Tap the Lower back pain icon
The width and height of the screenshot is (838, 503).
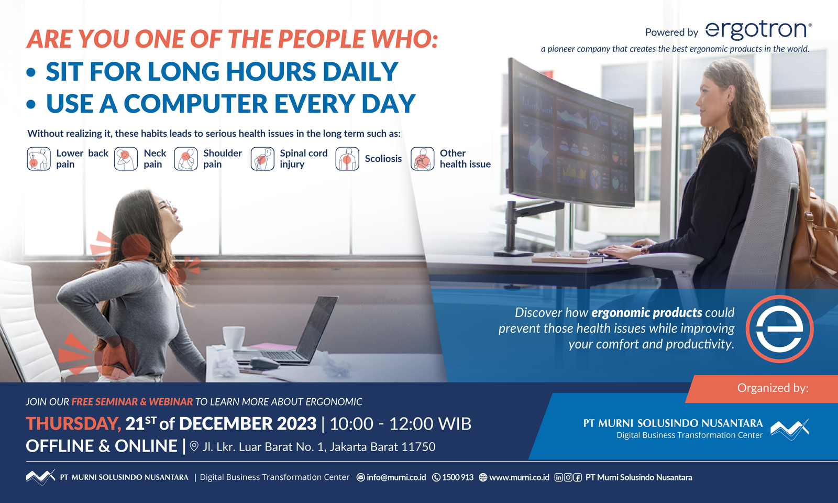[x=38, y=159]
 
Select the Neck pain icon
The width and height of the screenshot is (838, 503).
[x=126, y=159]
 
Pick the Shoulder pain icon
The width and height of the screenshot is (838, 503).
[x=185, y=159]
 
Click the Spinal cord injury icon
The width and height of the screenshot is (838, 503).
[x=262, y=159]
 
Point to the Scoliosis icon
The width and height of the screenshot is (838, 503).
[x=347, y=159]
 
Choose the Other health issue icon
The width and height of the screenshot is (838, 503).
[x=422, y=159]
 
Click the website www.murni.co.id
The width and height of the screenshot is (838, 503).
[x=519, y=477]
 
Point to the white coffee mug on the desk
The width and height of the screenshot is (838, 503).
[x=234, y=337]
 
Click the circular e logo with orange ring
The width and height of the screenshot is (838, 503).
[x=779, y=329]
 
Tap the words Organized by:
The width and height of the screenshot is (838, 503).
[x=773, y=388]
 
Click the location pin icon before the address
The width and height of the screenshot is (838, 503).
[x=194, y=446]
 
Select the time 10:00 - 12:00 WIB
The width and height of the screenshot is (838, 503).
[x=400, y=423]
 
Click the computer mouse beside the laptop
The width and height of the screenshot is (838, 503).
[x=264, y=363]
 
